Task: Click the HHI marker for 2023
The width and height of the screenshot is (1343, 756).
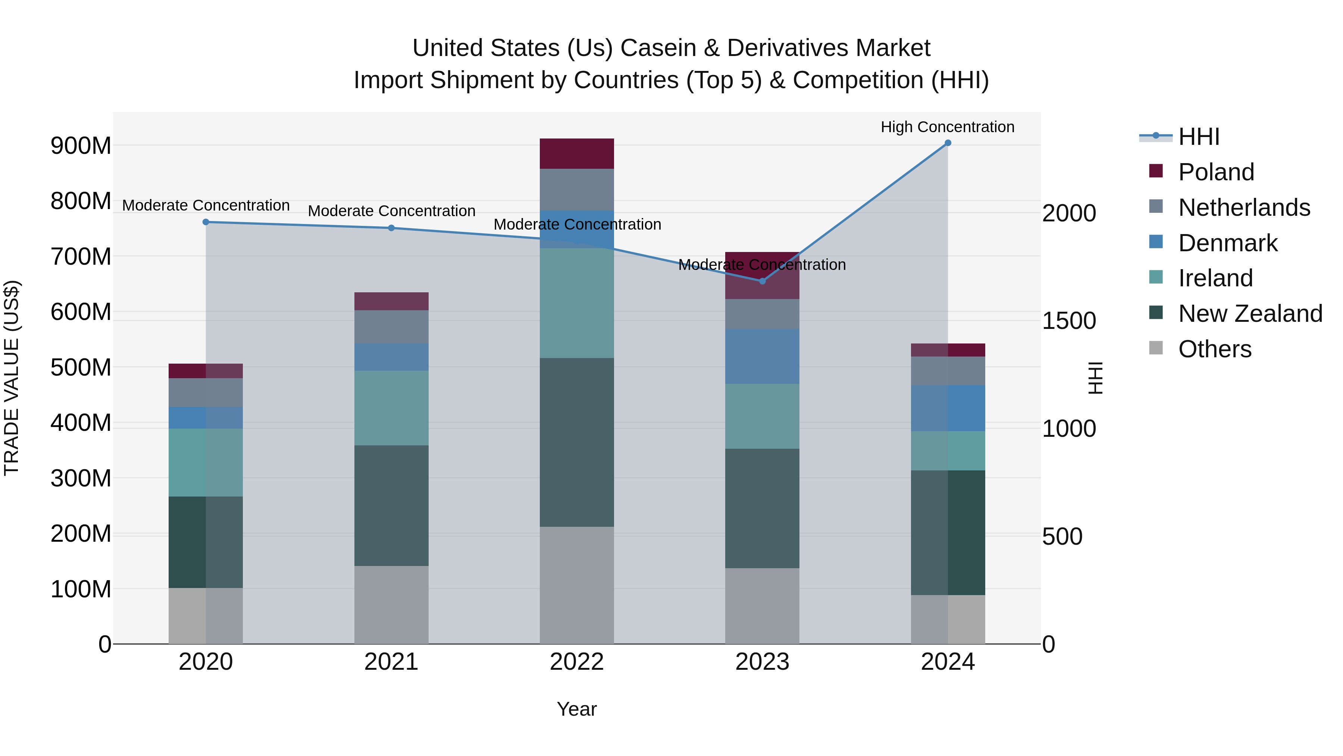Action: (x=762, y=281)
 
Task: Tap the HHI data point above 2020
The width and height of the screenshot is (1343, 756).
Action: (x=206, y=222)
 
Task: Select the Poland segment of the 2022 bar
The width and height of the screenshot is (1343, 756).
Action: (x=577, y=153)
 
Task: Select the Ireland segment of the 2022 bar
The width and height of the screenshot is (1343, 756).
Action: (x=577, y=303)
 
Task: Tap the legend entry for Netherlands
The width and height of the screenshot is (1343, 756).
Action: (x=1244, y=208)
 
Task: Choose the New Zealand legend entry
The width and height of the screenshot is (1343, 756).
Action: (x=1250, y=314)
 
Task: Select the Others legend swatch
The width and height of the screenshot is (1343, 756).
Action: (x=1156, y=348)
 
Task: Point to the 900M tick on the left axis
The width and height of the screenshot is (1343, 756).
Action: (x=81, y=146)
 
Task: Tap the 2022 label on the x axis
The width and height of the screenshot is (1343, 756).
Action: (x=577, y=662)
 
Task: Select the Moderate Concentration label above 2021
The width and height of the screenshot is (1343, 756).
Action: (x=392, y=211)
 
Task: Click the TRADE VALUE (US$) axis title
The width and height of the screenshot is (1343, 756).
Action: (x=12, y=378)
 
